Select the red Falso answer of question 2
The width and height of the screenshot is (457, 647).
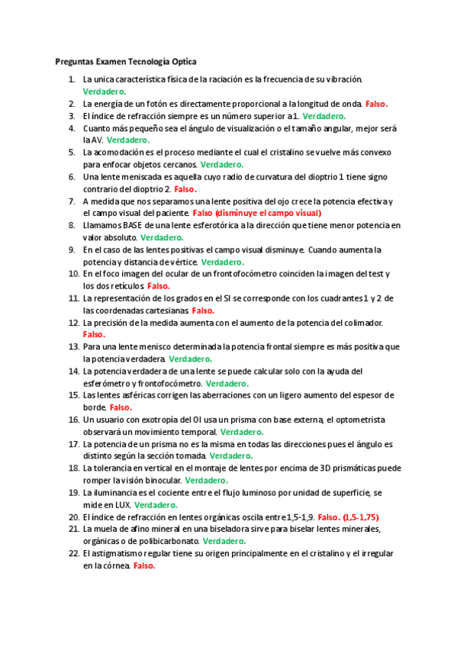[x=377, y=104]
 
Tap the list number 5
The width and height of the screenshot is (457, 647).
[x=72, y=152]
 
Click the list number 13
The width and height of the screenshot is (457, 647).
[x=73, y=346]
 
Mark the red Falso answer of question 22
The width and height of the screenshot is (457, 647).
[x=143, y=566]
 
